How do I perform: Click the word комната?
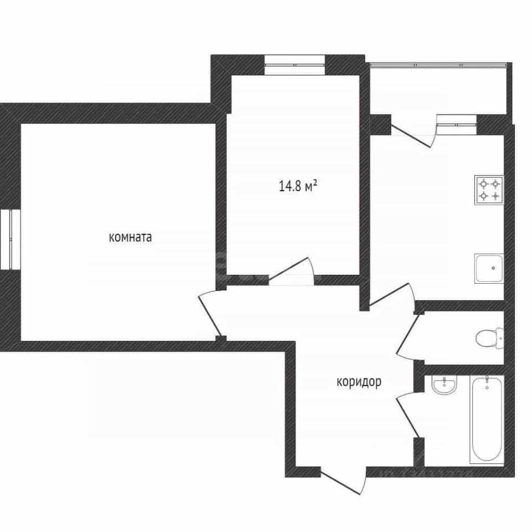tap(130, 237)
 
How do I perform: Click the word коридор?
tap(359, 382)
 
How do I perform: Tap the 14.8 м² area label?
tap(298, 186)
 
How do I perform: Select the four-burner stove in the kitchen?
tap(489, 190)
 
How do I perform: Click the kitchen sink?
tap(489, 268)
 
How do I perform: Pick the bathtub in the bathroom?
tap(487, 420)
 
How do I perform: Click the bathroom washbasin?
tap(444, 385)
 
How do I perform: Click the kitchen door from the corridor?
tap(392, 295)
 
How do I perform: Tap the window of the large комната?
tap(10, 239)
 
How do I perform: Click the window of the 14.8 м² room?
tap(295, 65)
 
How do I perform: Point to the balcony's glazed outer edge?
tap(441, 64)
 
